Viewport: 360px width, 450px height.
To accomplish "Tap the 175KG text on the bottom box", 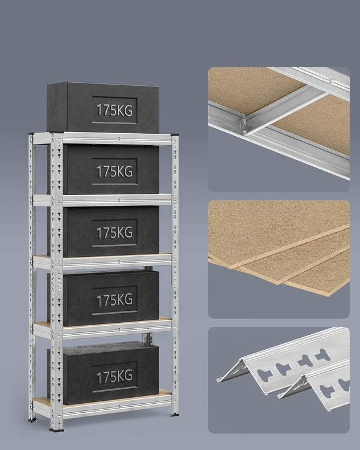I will (114, 376).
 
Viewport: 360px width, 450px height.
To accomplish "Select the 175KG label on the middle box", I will (115, 232).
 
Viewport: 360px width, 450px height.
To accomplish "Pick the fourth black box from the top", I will (103, 298).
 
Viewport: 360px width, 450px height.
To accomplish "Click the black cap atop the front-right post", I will (175, 133).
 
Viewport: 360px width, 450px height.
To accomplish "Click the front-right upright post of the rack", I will (175, 270).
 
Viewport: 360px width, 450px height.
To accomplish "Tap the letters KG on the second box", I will (125, 170).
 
